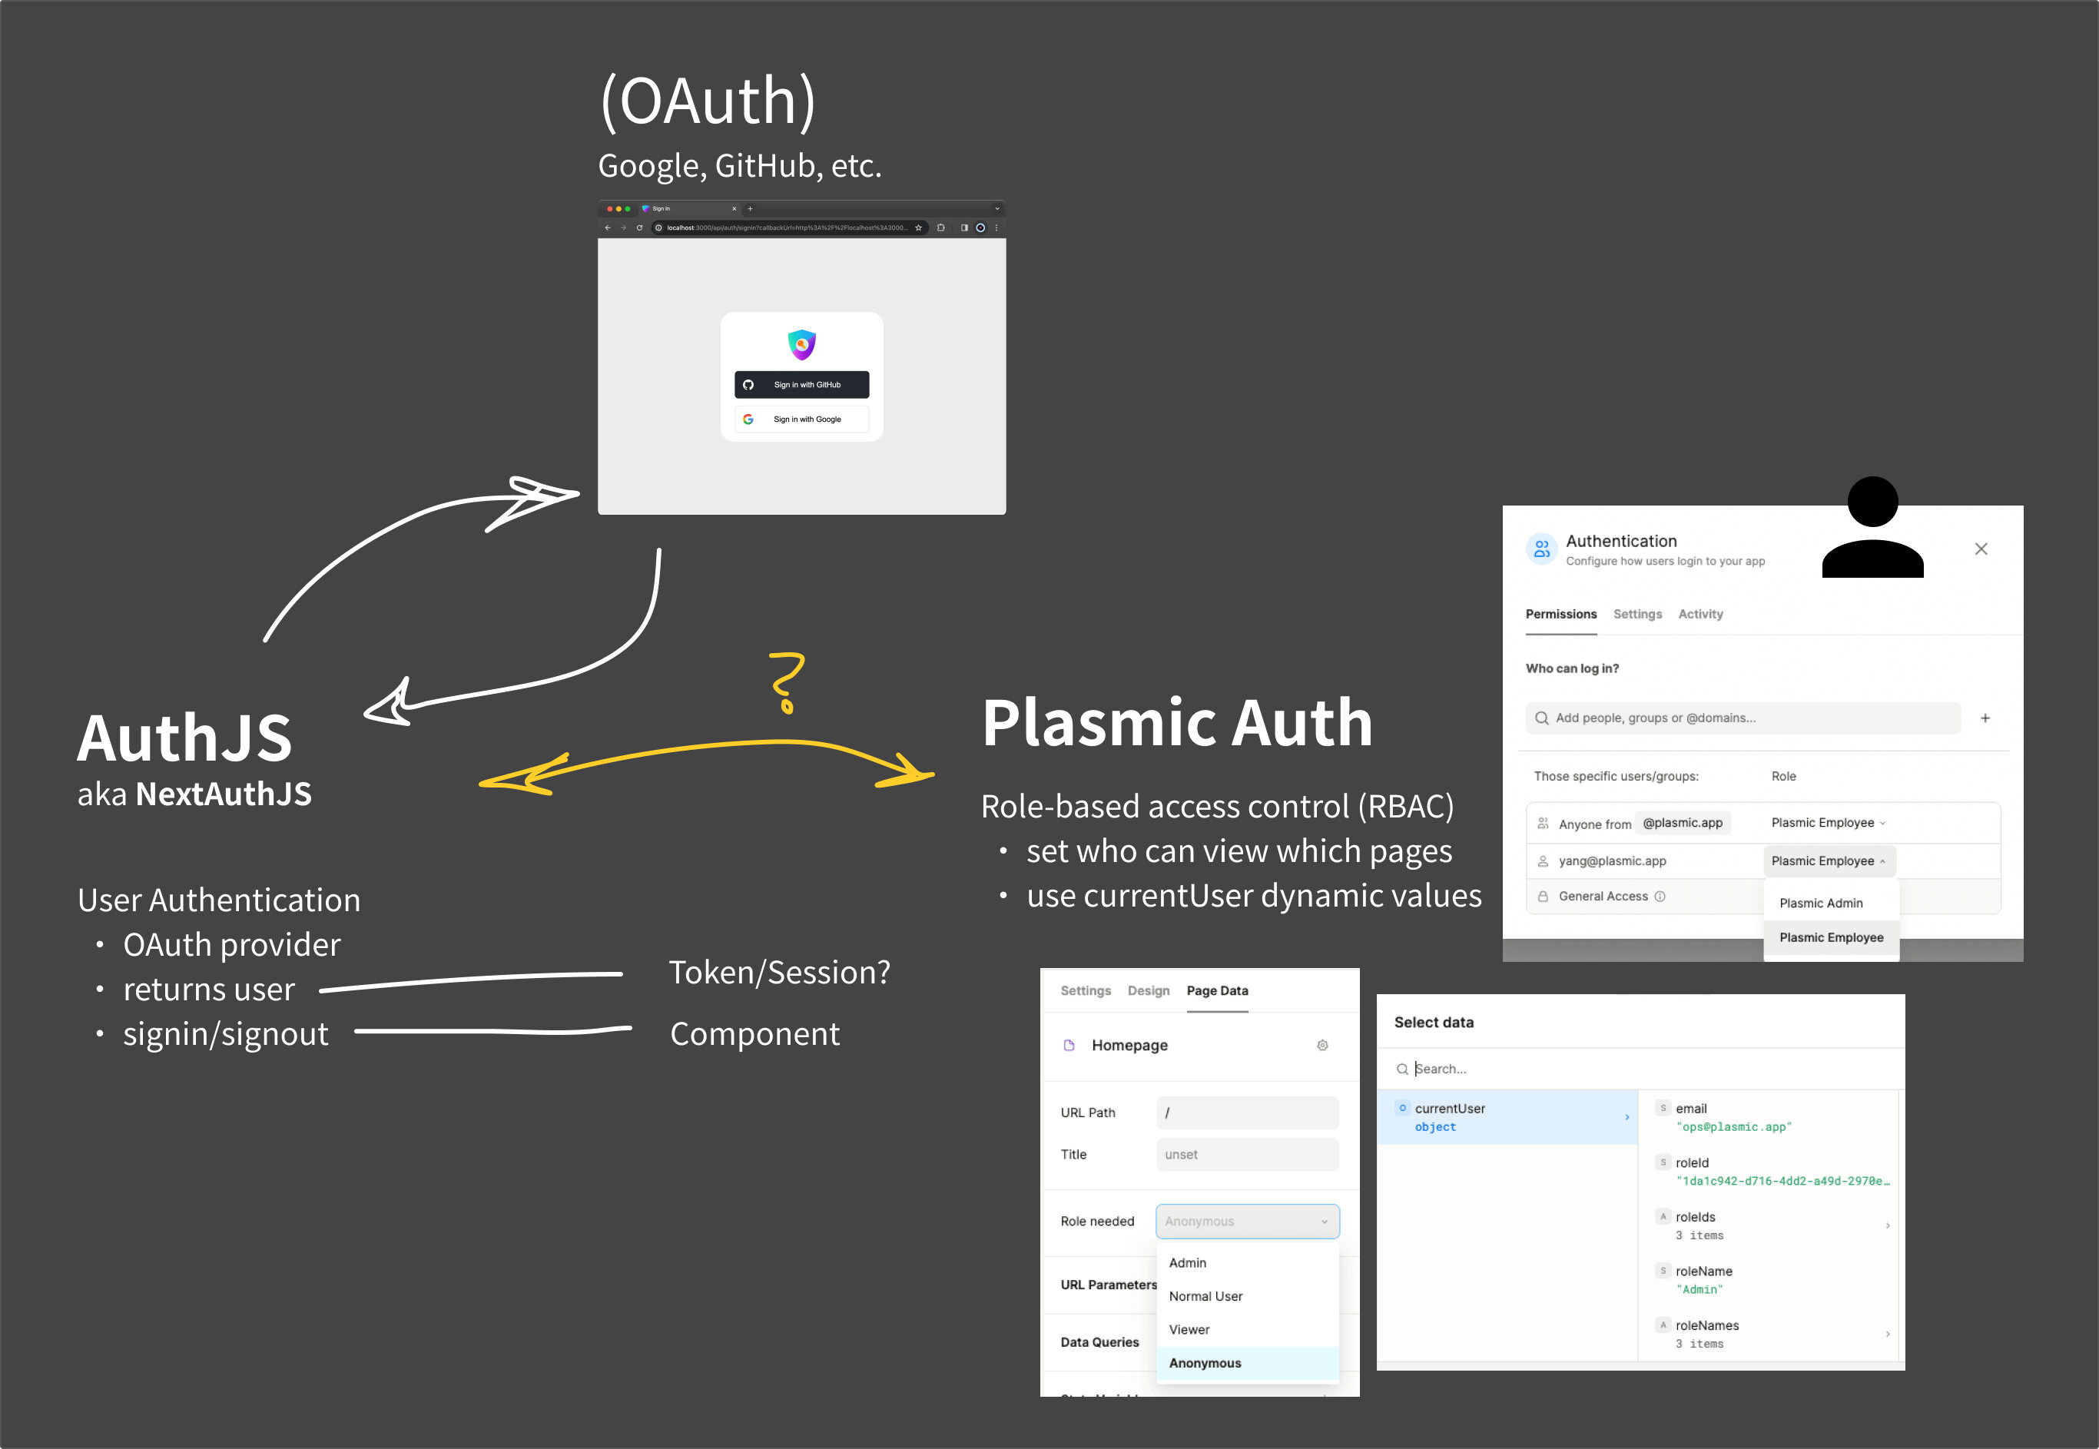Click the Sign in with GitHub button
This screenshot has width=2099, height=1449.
point(801,385)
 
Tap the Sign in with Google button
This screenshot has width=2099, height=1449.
point(801,419)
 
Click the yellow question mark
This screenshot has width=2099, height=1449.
point(786,681)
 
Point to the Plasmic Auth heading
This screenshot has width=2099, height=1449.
point(1176,724)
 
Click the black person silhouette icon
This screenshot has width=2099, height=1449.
point(1872,529)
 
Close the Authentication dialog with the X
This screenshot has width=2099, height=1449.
point(1981,549)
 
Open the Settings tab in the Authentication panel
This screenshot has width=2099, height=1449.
point(1637,615)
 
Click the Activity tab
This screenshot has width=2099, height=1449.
point(1699,615)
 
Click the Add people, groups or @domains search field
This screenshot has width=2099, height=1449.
point(1743,718)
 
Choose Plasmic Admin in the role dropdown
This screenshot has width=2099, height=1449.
point(1820,904)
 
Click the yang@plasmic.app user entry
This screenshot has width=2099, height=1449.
point(1613,861)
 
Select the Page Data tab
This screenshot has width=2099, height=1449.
point(1216,991)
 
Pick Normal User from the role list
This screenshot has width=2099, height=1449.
point(1205,1296)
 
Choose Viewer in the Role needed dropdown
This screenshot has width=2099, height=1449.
point(1189,1330)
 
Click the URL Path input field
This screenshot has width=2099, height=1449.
point(1246,1113)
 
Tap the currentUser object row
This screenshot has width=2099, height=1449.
point(1507,1118)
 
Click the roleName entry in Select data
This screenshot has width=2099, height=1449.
point(1703,1272)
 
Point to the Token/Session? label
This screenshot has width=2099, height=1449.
point(779,973)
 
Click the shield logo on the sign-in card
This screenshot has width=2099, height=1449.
point(801,344)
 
